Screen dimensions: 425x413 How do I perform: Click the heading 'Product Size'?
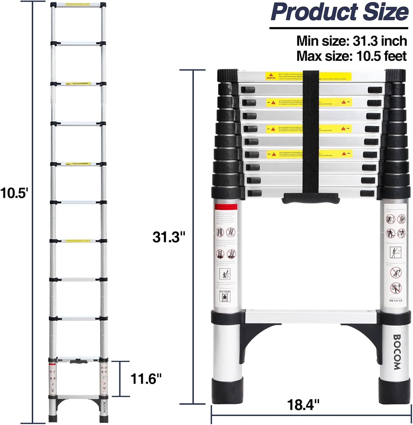tap(339, 12)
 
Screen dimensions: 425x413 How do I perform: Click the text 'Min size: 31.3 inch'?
tap(352, 41)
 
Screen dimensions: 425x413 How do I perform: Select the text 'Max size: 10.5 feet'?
tap(352, 56)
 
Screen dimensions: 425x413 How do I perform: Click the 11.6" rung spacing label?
tap(146, 379)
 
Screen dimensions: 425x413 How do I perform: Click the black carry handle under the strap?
tap(310, 198)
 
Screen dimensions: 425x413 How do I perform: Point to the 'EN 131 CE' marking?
tap(395, 300)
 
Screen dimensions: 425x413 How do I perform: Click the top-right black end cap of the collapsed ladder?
tap(395, 76)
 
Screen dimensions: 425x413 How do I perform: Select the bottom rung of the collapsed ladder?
tap(311, 316)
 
